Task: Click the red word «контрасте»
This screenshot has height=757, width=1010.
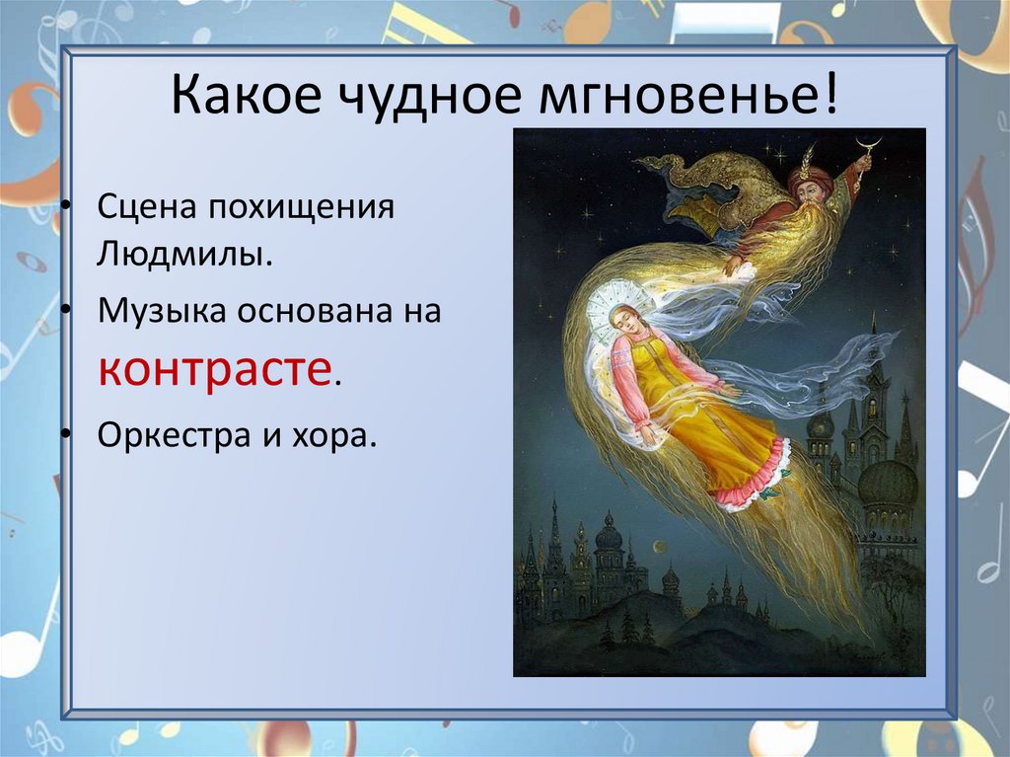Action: tap(215, 368)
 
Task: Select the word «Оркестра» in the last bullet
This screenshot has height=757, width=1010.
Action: tap(169, 435)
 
